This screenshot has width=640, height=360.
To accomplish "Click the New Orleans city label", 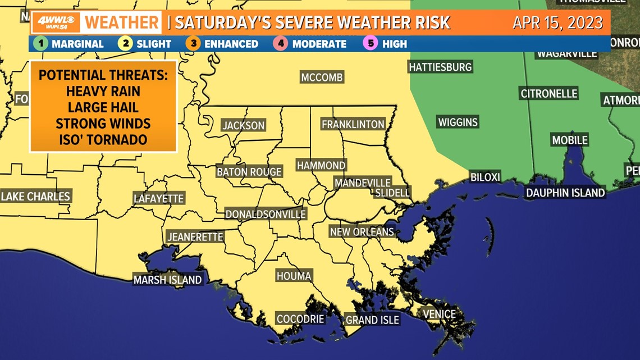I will [x=362, y=231].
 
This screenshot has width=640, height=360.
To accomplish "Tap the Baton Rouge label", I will [x=249, y=172].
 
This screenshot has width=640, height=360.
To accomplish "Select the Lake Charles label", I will [x=35, y=197].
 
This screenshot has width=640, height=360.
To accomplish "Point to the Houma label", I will [x=294, y=276].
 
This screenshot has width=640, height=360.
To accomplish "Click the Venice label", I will [x=439, y=314].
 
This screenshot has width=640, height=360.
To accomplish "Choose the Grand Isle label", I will [x=372, y=320].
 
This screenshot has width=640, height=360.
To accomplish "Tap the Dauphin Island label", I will [x=565, y=193].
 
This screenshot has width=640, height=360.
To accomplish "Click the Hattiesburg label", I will [x=440, y=67].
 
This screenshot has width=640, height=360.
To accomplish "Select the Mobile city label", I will [x=570, y=140].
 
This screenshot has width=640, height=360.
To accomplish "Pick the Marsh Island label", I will [x=167, y=279].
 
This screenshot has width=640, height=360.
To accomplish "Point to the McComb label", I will [x=322, y=78].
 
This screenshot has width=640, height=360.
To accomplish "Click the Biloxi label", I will [x=485, y=177].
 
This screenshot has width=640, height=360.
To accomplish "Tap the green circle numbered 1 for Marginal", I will [x=40, y=43].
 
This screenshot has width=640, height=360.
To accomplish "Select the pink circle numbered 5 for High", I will [x=371, y=43].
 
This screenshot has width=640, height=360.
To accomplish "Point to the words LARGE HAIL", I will [x=103, y=107].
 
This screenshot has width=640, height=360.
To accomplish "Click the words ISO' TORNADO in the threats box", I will [x=103, y=139].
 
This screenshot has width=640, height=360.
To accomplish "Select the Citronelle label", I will [x=548, y=94].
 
